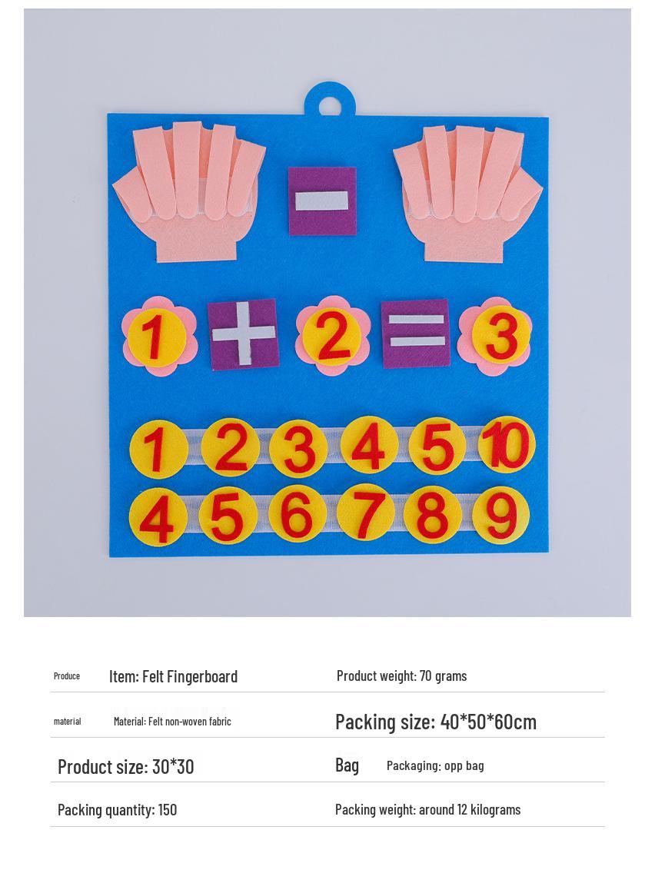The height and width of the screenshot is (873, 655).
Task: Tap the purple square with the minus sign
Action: point(322,201)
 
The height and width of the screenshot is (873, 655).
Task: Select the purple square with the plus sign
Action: point(242,334)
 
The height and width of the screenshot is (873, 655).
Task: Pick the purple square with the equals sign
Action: point(415,333)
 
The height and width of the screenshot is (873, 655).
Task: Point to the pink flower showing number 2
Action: point(333,336)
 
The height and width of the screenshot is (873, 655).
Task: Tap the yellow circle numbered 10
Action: point(507,444)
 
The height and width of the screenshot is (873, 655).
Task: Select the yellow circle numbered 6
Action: point(298,514)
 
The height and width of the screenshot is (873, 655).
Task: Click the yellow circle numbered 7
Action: point(367,513)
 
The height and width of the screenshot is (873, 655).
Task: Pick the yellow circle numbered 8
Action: point(433,514)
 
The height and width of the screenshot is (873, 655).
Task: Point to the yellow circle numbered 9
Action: point(501,514)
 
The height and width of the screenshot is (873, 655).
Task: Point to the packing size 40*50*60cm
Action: point(488,722)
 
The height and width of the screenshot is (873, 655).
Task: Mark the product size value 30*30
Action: point(173,766)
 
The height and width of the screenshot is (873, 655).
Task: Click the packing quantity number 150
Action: point(168,809)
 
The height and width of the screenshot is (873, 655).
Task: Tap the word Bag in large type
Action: point(347,765)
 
